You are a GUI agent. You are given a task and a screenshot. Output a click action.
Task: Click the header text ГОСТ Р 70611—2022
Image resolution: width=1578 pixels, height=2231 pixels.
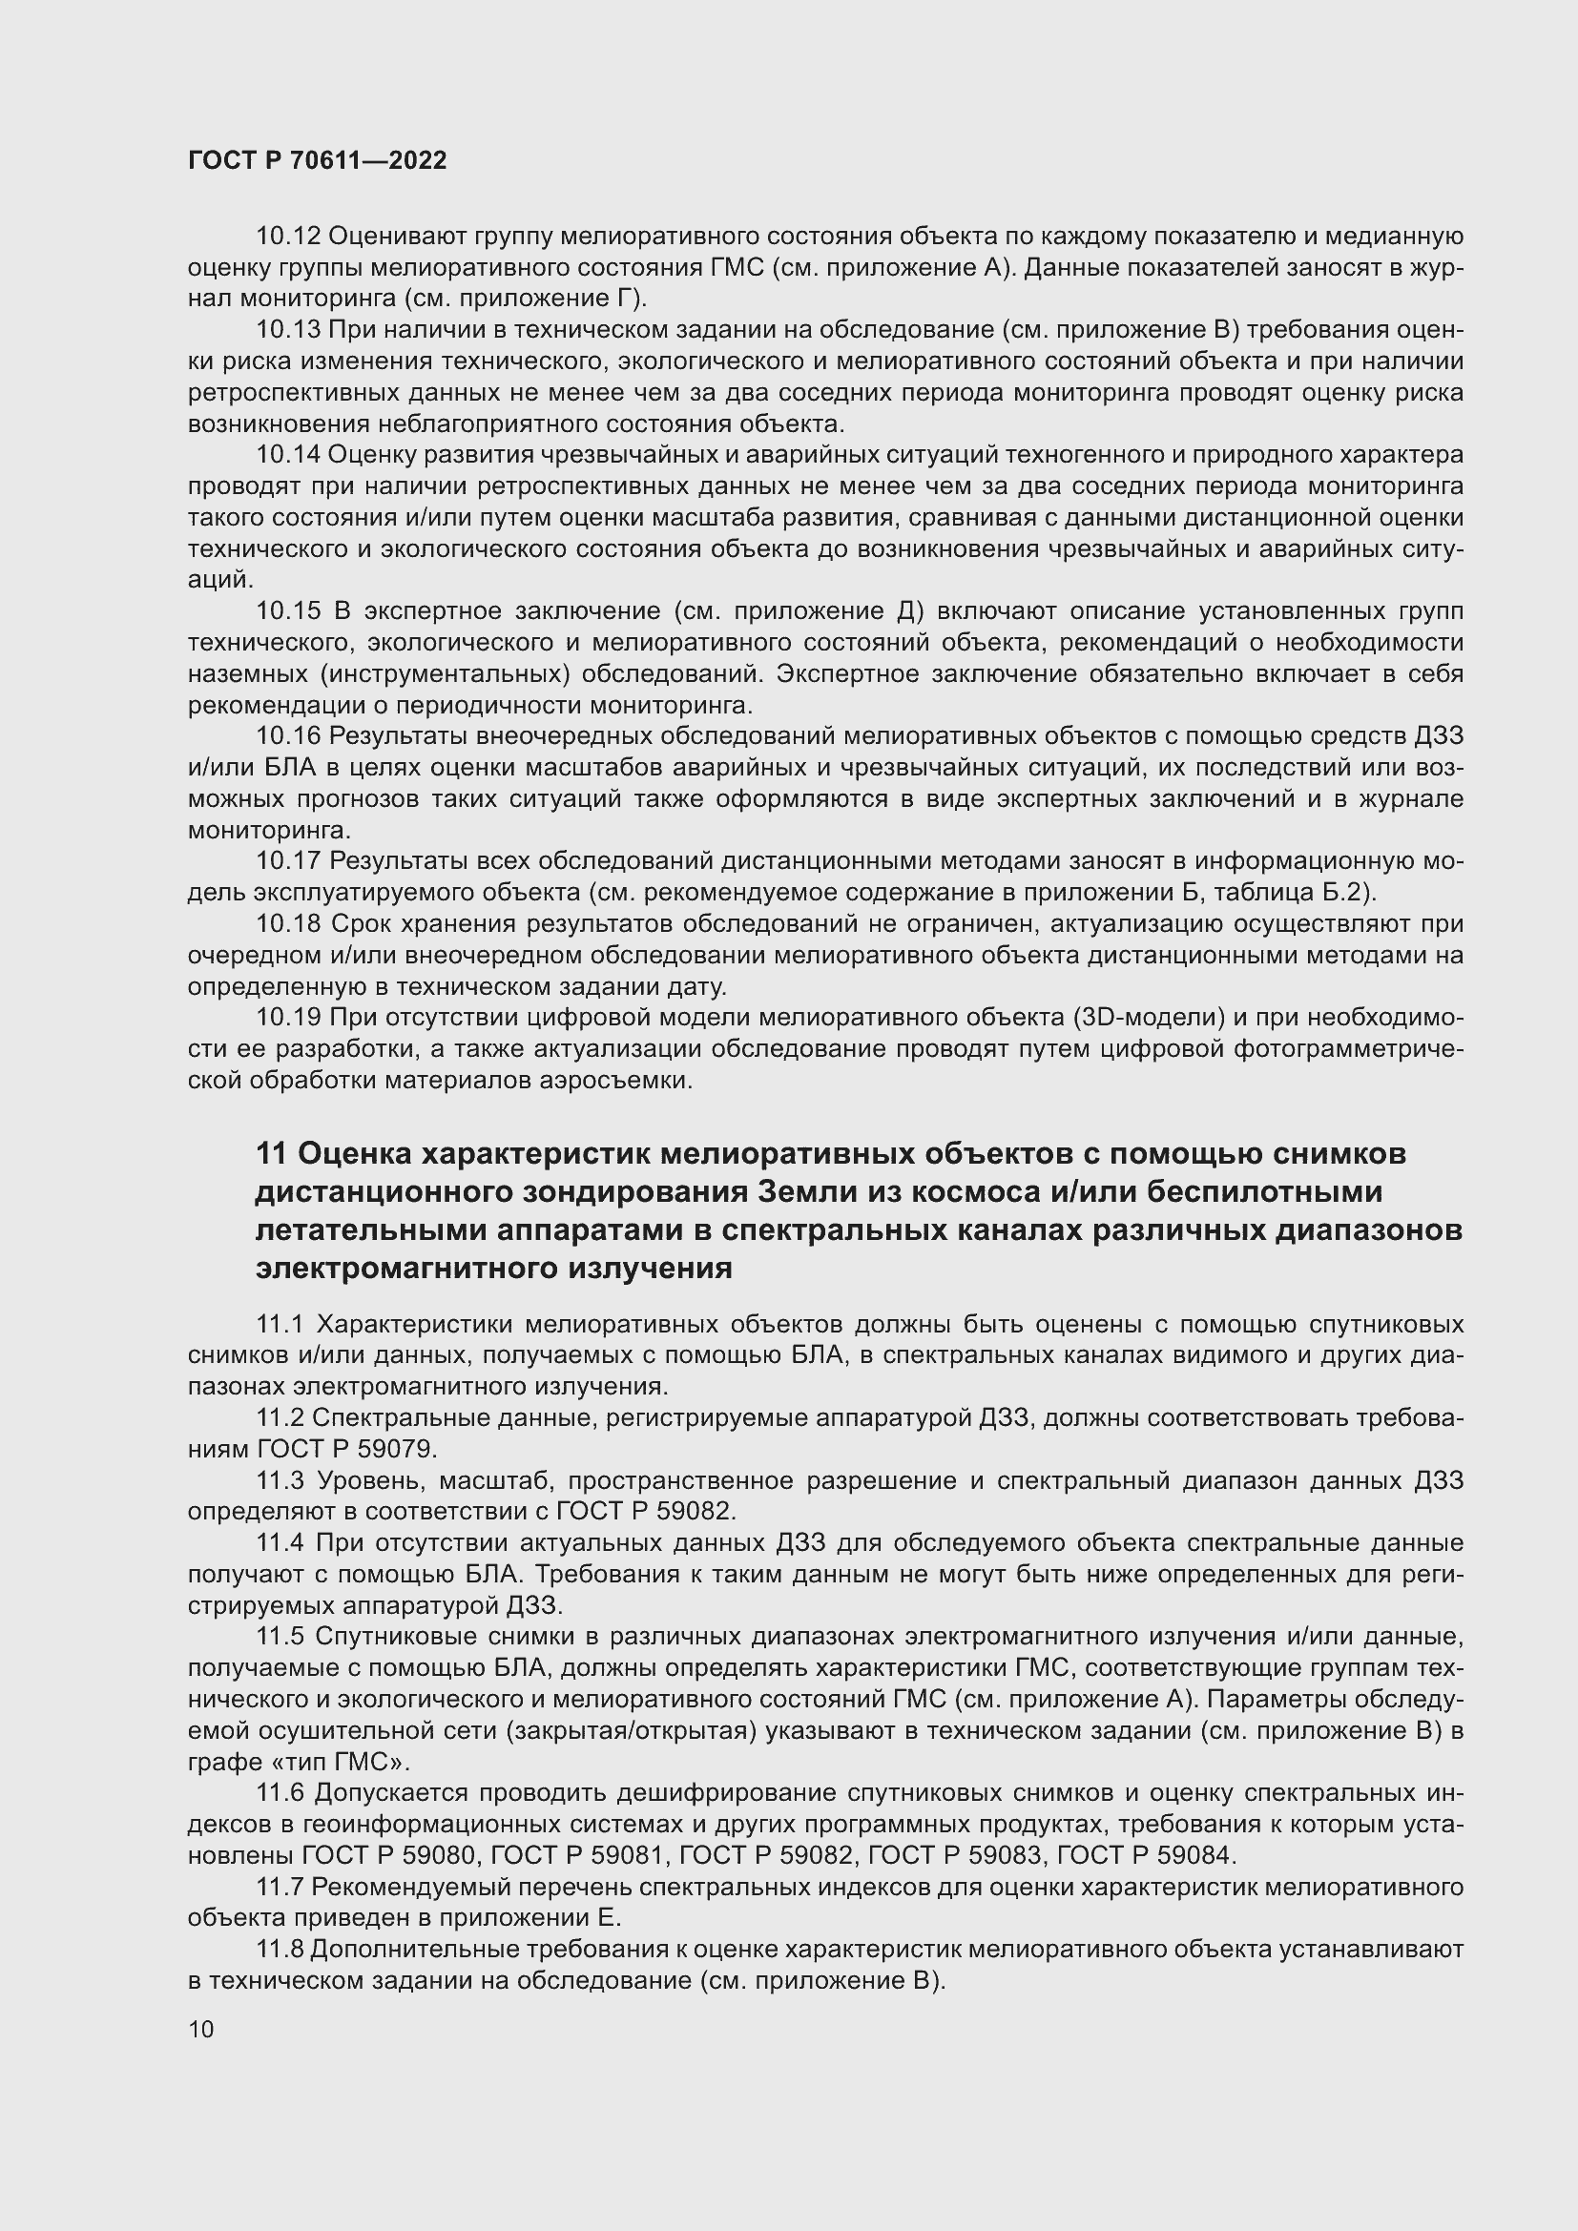tap(318, 161)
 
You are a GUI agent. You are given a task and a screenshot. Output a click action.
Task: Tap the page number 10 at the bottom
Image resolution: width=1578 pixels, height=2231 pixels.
tap(201, 2029)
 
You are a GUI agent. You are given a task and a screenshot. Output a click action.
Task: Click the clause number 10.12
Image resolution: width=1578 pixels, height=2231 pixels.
tap(287, 237)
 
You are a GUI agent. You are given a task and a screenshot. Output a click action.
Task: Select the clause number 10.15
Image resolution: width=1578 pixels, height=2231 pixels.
tap(287, 611)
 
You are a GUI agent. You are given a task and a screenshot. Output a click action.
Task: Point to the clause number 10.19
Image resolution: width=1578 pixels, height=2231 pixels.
tap(287, 1018)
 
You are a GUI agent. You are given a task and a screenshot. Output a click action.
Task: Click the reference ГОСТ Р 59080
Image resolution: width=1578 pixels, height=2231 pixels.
tap(389, 1856)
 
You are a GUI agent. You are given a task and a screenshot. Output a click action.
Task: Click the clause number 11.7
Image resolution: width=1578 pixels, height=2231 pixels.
tap(280, 1887)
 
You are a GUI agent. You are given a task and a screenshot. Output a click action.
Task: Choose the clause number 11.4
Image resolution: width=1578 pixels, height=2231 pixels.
tap(280, 1543)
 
